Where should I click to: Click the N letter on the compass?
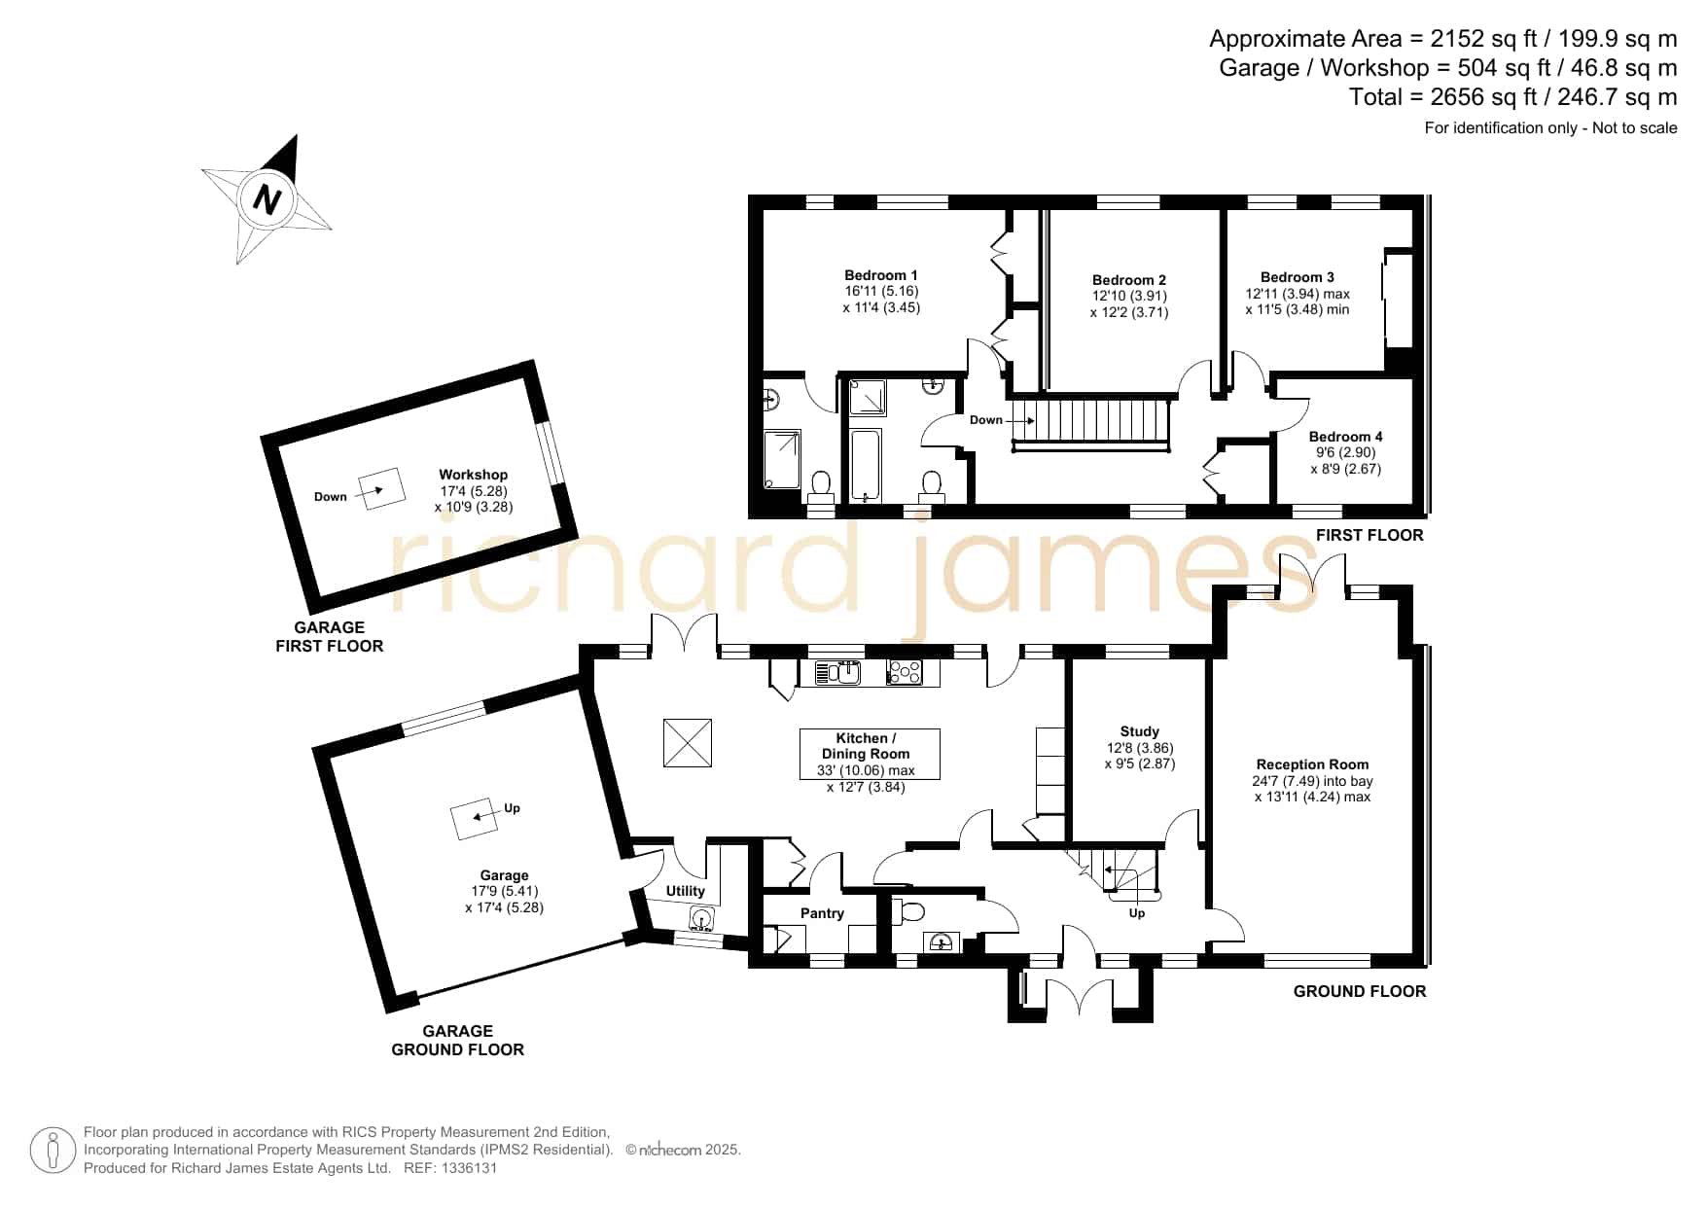(x=267, y=199)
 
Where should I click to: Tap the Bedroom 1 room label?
(x=881, y=275)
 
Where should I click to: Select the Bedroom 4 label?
(x=1345, y=437)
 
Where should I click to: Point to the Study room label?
(x=1140, y=731)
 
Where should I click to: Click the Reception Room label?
(x=1312, y=764)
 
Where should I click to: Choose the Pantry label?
(x=822, y=913)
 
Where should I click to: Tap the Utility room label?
(x=686, y=891)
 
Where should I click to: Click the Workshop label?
(x=474, y=476)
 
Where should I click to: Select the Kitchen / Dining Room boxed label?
(x=870, y=754)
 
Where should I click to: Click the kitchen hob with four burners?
(x=906, y=671)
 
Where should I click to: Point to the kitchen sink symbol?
(x=837, y=671)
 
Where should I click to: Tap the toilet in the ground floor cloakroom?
(x=910, y=911)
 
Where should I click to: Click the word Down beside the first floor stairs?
(x=986, y=420)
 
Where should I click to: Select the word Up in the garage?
(x=512, y=808)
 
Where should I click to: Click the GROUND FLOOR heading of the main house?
(x=1360, y=991)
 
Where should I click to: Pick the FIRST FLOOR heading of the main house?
(x=1369, y=535)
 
